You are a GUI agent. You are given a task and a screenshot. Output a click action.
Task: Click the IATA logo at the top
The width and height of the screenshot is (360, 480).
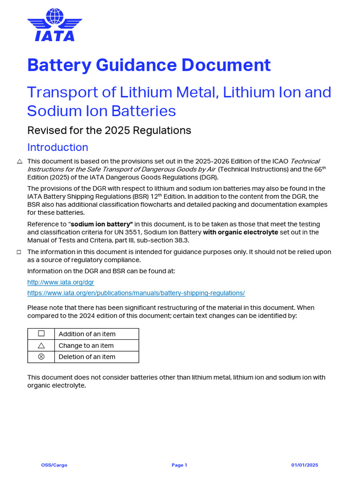point(54,25)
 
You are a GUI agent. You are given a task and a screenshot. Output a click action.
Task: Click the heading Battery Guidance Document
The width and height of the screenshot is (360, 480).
point(149,65)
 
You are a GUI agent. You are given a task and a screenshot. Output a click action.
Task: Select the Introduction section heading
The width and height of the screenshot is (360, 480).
point(58,147)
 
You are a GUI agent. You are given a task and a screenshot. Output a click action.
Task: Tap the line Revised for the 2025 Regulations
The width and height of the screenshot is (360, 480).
point(109,130)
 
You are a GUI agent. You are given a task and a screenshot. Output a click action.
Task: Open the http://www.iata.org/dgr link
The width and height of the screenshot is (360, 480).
point(60,282)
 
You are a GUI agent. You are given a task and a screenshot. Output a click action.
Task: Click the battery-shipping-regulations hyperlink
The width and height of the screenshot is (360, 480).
point(136,293)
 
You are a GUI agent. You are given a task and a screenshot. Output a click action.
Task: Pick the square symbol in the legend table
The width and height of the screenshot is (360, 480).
point(41,334)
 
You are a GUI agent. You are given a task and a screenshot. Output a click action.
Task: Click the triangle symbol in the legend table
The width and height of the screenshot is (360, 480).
point(41,345)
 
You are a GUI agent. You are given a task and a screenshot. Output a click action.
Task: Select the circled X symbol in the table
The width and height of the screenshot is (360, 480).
point(41,357)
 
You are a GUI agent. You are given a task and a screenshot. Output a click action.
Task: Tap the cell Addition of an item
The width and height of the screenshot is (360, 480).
point(87,334)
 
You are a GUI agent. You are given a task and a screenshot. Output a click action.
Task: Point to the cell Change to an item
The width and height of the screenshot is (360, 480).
point(86,345)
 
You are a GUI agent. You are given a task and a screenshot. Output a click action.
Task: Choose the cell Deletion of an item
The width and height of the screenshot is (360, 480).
point(87,357)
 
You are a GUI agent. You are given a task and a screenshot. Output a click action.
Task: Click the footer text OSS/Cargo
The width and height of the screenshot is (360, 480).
point(54,465)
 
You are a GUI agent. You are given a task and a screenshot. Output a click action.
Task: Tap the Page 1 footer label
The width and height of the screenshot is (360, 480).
point(179,465)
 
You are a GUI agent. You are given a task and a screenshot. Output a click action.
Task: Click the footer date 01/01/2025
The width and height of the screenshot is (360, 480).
point(305,465)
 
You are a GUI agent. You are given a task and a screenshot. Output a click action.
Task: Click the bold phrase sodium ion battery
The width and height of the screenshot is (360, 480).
point(102,225)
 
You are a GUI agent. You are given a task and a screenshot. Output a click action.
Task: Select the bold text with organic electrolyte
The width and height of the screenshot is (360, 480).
point(240,232)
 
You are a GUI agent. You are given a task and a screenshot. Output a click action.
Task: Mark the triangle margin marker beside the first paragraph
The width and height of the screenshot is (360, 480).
point(19,161)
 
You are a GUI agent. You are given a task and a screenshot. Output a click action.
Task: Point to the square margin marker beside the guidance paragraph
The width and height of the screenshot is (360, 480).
point(19,252)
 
